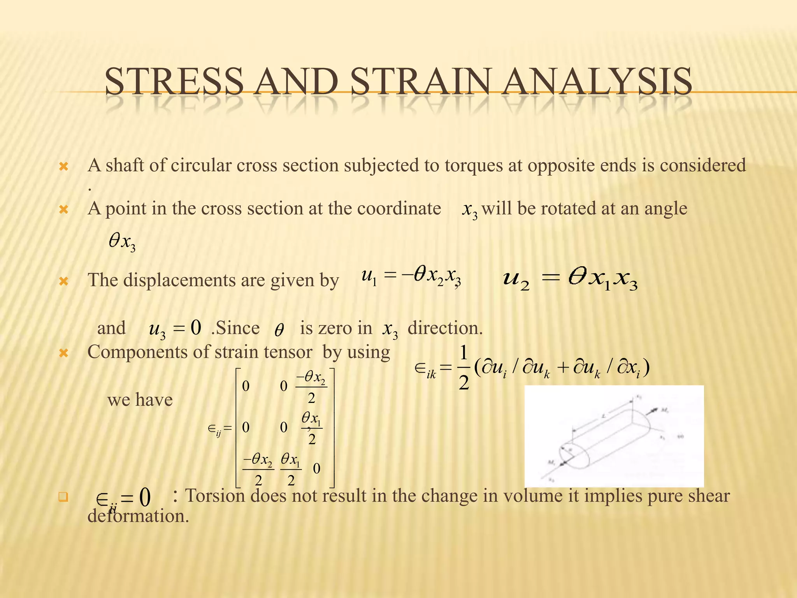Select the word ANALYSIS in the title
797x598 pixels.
(x=597, y=81)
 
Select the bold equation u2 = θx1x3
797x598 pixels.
(x=570, y=280)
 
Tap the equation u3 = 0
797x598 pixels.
(x=175, y=328)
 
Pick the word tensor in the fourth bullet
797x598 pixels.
(x=288, y=352)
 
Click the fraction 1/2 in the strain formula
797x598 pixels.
(x=463, y=368)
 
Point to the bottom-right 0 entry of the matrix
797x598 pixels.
(x=316, y=469)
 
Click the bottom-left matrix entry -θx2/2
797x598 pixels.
(x=258, y=469)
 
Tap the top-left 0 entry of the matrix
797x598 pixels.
(x=246, y=386)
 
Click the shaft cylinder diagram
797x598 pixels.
(x=614, y=436)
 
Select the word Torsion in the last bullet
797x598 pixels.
(x=215, y=496)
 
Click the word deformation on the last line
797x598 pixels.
(x=138, y=516)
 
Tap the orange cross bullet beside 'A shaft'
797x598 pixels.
(x=63, y=167)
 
